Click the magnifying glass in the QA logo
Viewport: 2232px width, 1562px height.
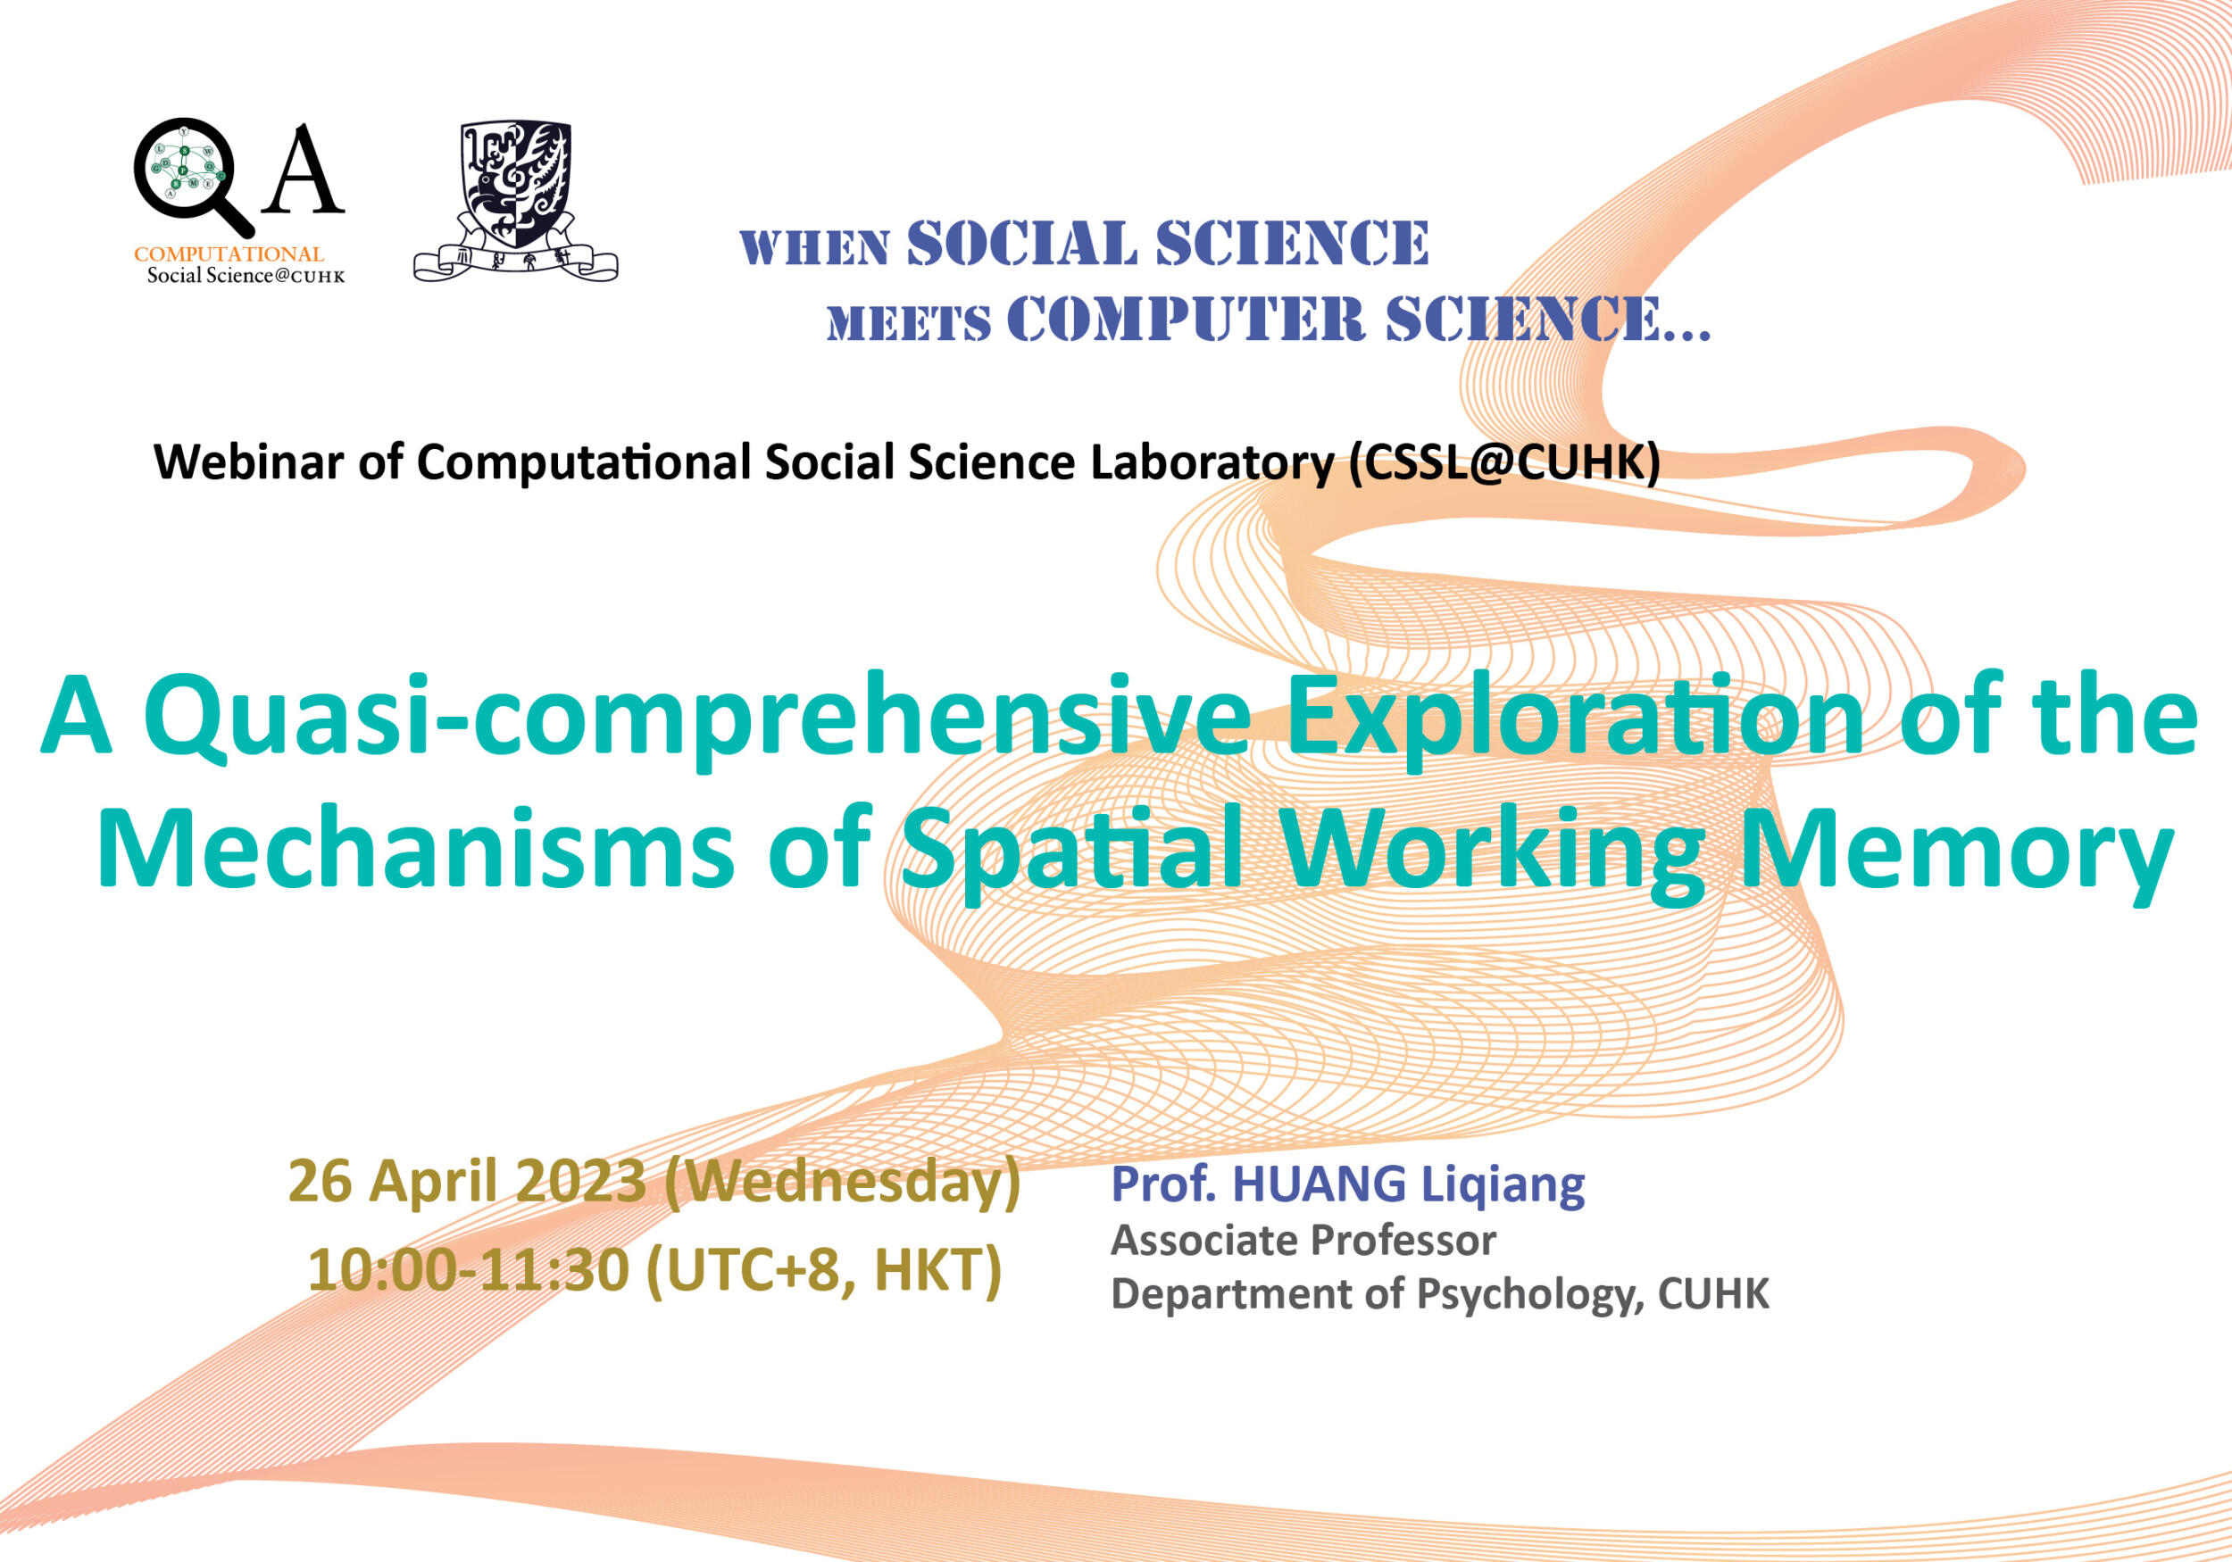pos(185,175)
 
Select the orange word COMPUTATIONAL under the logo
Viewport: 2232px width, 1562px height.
pos(229,253)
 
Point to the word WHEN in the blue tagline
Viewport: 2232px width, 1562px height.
pos(813,248)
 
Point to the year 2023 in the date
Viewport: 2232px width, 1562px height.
pos(580,1182)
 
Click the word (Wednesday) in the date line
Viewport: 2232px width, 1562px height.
pos(842,1184)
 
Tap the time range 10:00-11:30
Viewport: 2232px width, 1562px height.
pos(469,1270)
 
